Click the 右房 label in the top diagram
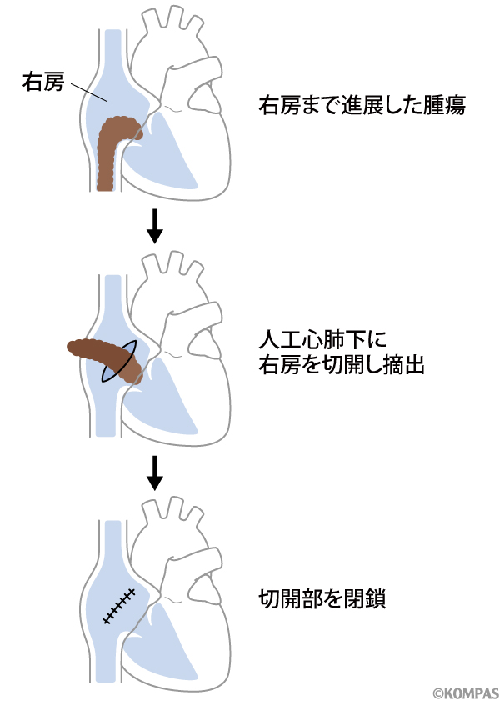42,81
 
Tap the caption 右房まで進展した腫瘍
362,106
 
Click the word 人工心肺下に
307,340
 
